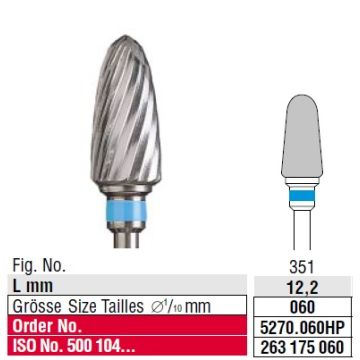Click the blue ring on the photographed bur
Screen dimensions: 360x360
point(126,210)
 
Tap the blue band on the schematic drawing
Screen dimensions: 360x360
point(302,194)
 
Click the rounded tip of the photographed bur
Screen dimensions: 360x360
point(125,38)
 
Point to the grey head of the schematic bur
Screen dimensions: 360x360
point(302,136)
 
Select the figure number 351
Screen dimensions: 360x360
point(302,267)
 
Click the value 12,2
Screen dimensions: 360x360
point(302,286)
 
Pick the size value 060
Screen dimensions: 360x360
point(302,306)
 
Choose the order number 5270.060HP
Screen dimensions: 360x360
point(302,327)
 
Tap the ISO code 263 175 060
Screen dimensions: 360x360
point(302,347)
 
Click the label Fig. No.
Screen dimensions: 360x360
point(39,266)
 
